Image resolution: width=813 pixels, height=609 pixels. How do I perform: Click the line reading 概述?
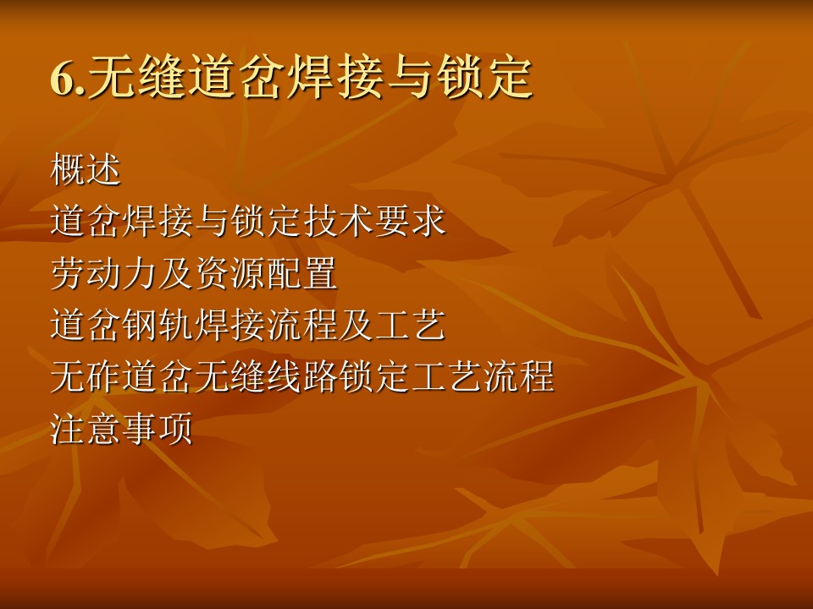(86, 169)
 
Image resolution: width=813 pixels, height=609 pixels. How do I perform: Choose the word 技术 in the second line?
(339, 221)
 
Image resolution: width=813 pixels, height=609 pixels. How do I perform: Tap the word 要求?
(410, 221)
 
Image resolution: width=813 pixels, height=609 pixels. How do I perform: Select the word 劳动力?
(103, 273)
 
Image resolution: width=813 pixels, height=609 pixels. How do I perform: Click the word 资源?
(230, 273)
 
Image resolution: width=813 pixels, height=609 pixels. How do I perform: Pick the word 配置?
(301, 273)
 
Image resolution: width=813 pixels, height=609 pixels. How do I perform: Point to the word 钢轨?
(158, 325)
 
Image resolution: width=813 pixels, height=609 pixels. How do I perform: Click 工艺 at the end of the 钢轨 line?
(410, 325)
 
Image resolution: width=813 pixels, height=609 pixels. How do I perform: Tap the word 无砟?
(86, 376)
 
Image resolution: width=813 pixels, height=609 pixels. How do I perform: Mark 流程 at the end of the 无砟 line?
(518, 376)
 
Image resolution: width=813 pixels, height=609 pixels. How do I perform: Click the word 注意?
(86, 428)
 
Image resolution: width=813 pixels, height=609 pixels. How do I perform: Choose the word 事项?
(158, 428)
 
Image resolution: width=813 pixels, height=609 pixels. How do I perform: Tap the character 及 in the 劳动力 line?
(176, 273)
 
